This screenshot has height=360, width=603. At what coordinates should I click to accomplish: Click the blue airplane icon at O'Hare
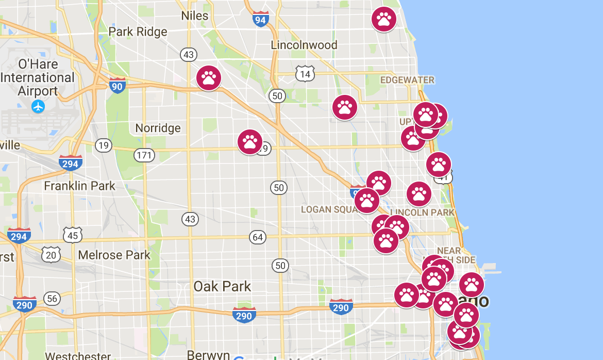pyautogui.click(x=38, y=107)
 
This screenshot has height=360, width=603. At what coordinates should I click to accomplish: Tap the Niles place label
pyautogui.click(x=195, y=15)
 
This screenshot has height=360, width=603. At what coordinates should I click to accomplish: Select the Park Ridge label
pyautogui.click(x=138, y=32)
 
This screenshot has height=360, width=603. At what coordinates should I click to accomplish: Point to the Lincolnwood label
pyautogui.click(x=304, y=45)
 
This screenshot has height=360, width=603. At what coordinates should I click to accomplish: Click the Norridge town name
pyautogui.click(x=158, y=128)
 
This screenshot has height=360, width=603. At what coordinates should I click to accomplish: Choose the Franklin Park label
pyautogui.click(x=80, y=186)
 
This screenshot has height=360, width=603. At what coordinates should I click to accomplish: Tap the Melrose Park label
pyautogui.click(x=114, y=255)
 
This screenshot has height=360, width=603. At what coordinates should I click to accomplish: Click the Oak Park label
pyautogui.click(x=222, y=286)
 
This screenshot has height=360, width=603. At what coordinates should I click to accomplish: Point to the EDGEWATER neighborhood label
pyautogui.click(x=407, y=80)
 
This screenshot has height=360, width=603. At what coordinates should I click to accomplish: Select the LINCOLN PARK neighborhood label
pyautogui.click(x=423, y=212)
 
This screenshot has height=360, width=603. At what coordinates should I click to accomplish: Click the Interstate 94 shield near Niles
pyautogui.click(x=261, y=20)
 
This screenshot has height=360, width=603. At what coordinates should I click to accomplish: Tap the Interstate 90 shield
pyautogui.click(x=117, y=86)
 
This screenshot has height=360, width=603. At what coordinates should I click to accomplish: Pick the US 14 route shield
pyautogui.click(x=305, y=74)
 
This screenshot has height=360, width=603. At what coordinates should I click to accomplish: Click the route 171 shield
pyautogui.click(x=144, y=154)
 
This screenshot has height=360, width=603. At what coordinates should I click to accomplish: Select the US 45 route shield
pyautogui.click(x=73, y=235)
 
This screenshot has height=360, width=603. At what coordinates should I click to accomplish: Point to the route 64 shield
pyautogui.click(x=258, y=237)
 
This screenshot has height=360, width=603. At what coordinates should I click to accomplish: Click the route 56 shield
pyautogui.click(x=52, y=298)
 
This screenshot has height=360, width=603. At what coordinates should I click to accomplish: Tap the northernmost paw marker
pyautogui.click(x=384, y=19)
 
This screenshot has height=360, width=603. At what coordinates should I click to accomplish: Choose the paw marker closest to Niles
pyautogui.click(x=209, y=78)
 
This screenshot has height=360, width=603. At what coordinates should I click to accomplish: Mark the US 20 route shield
pyautogui.click(x=51, y=254)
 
